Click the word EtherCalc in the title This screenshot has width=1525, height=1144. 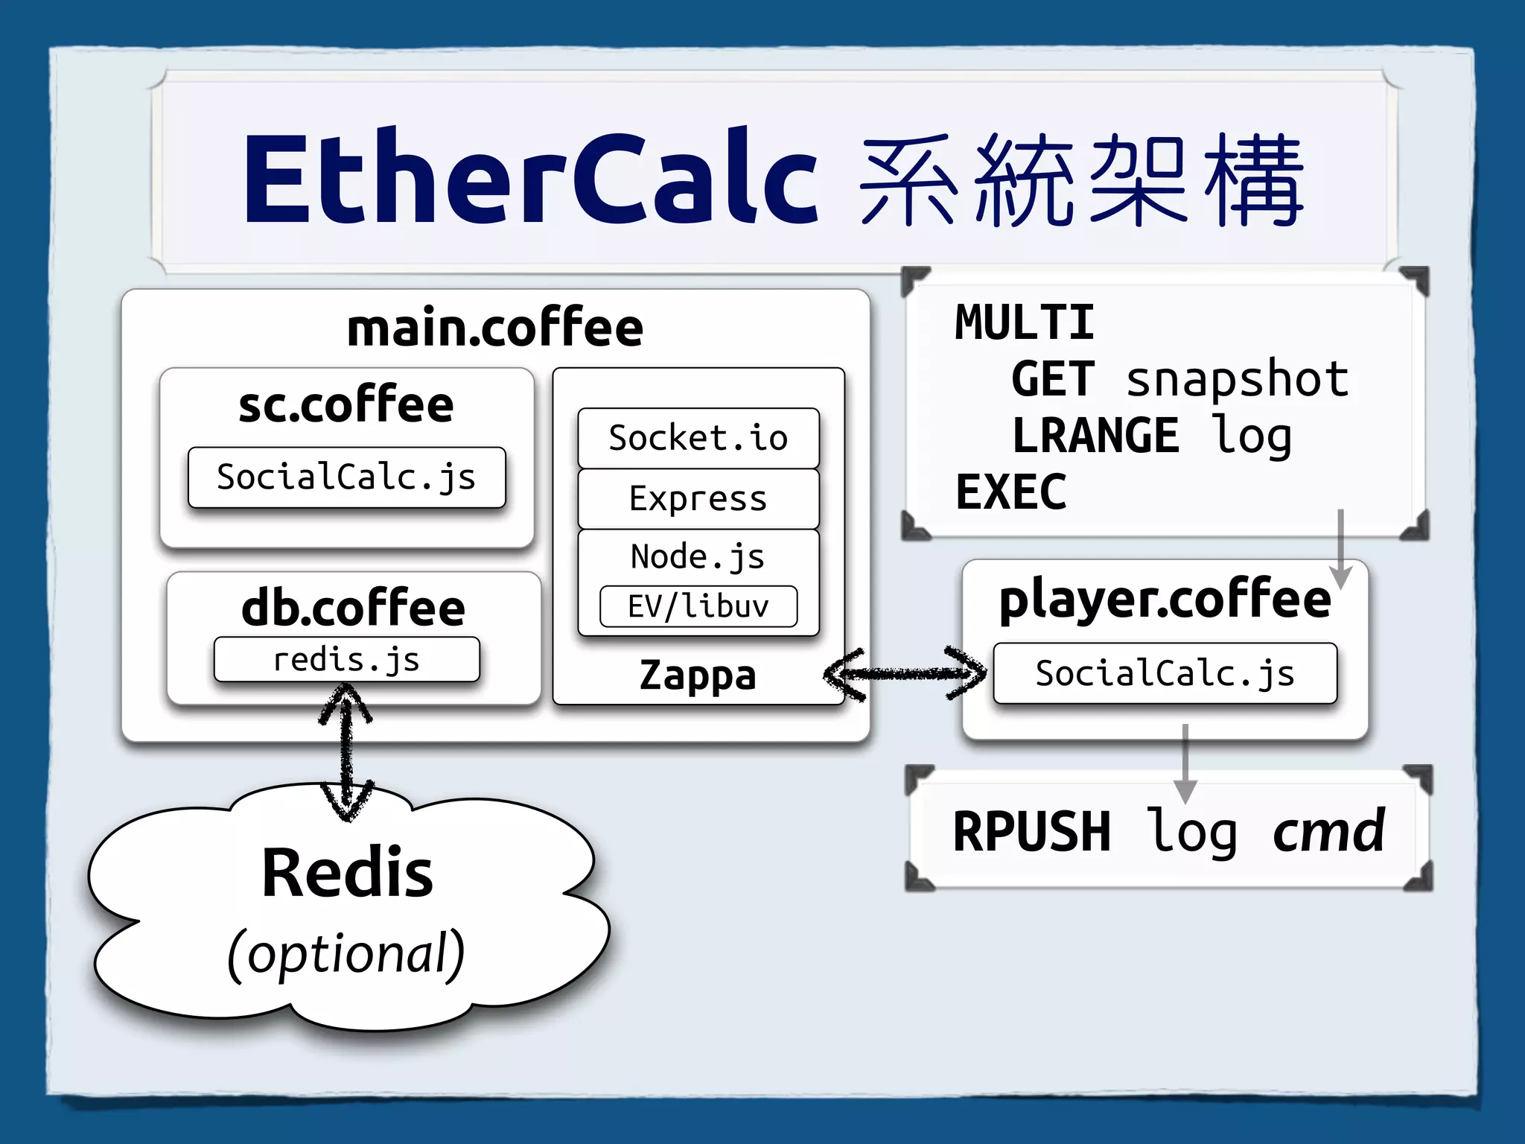(x=530, y=179)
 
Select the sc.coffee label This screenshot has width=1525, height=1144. (x=346, y=405)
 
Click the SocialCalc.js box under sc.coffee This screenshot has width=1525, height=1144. (x=346, y=477)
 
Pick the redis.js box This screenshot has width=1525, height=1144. (x=346, y=660)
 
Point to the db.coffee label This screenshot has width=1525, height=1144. (x=354, y=608)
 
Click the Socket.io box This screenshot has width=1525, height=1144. (x=698, y=438)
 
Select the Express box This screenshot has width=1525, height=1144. (x=698, y=499)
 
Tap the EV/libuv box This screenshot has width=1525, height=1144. (x=698, y=606)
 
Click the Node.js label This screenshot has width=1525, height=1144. (x=698, y=557)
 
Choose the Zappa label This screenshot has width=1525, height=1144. (x=698, y=676)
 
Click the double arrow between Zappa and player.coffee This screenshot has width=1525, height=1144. (x=905, y=674)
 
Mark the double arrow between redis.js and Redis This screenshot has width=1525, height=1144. (x=346, y=752)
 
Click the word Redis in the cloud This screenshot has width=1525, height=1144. (x=347, y=873)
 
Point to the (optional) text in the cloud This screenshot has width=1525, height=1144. (x=346, y=953)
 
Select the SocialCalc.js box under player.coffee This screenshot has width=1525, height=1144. (x=1165, y=673)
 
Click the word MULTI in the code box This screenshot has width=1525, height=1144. (x=1025, y=323)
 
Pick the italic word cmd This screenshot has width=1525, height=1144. (x=1328, y=831)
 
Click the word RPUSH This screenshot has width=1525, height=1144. (x=1032, y=832)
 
